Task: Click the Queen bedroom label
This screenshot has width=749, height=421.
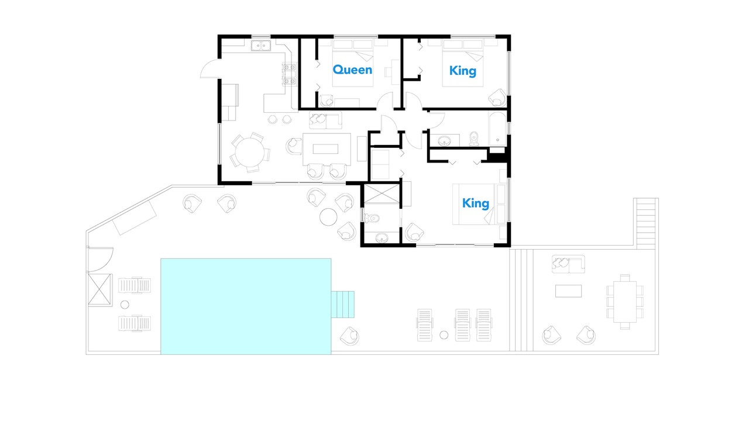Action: pos(352,70)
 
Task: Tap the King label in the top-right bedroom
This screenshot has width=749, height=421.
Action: pos(463,71)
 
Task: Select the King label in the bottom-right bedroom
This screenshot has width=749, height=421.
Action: pos(476,203)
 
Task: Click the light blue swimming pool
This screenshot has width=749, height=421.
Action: pos(246,306)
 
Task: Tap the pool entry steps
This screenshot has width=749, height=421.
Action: pos(343,305)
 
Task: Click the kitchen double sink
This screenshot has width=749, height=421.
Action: pos(261,46)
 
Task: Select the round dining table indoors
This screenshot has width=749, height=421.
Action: pos(250,153)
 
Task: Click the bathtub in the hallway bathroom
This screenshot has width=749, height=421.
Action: pos(497,129)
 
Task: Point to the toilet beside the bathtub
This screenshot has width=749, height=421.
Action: pos(474,139)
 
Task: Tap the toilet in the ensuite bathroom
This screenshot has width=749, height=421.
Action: pos(372,219)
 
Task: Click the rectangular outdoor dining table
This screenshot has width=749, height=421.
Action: pos(625,302)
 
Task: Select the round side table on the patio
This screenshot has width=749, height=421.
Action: pos(328,217)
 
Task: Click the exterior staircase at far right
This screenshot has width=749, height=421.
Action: pos(645,223)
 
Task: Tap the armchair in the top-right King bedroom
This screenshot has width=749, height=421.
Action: pos(497,98)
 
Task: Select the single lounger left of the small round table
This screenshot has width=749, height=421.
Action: pos(425,325)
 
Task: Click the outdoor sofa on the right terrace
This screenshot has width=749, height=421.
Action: pos(568,264)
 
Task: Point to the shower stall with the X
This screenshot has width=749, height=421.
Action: pos(382,194)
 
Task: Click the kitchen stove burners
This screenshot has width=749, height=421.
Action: pos(289,74)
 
